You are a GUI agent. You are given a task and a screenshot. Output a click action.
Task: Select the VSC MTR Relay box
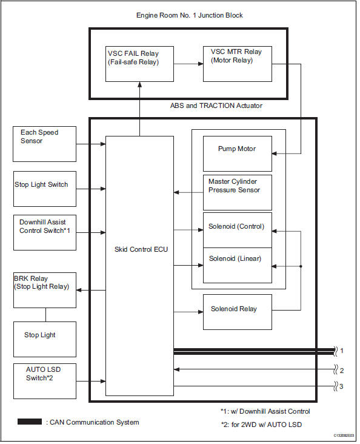point(237,64)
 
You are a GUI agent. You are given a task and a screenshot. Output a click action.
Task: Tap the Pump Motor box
point(237,153)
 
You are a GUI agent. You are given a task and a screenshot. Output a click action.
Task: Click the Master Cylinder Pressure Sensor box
point(237,192)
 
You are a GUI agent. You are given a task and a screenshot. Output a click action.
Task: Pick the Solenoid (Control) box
point(237,230)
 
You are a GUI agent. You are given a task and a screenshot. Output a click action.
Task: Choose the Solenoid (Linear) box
point(237,265)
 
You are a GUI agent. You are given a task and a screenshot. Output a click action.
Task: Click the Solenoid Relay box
point(237,311)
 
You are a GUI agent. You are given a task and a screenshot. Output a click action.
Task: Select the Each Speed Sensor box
point(44,144)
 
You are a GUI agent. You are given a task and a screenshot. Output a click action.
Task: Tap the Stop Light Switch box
point(44,189)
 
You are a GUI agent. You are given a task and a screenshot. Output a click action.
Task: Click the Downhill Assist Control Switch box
point(44,232)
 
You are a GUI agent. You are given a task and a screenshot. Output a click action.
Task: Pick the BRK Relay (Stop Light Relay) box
point(44,290)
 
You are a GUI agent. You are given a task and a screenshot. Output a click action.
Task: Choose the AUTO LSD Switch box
point(44,381)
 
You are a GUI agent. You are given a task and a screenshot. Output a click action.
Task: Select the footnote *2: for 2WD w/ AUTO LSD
point(261,425)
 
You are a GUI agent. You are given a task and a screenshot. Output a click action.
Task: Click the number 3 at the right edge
point(342,386)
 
